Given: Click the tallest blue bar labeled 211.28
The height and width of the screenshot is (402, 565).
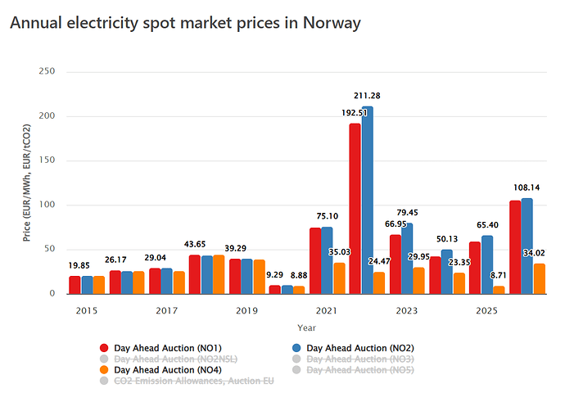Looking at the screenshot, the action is point(368,201).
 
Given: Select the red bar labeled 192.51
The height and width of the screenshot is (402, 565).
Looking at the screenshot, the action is point(355,209).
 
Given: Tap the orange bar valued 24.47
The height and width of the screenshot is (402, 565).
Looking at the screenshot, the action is point(379,283).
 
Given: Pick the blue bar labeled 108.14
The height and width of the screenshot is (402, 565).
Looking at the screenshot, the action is point(527,246).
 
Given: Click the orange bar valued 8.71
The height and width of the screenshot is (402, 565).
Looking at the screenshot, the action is point(499,290).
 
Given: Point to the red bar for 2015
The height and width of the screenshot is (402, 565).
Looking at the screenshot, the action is point(75,285).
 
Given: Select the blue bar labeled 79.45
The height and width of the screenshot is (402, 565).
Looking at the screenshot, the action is point(407,259).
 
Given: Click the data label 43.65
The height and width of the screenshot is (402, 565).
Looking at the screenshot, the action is point(195,244).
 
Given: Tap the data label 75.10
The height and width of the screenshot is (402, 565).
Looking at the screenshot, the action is point(328,216).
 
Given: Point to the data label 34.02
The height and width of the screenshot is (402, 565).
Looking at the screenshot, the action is point(534,253).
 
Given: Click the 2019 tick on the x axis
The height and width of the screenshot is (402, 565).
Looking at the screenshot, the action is point(246,310).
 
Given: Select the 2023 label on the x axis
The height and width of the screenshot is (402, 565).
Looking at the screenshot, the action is point(407,310).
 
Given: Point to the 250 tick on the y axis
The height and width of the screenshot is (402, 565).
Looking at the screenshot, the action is point(47,71).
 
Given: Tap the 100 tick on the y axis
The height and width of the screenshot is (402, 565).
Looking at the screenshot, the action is point(47,205).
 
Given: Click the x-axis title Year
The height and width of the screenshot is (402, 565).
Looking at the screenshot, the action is point(306,327).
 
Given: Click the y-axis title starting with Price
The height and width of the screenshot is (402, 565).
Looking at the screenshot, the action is point(27,183).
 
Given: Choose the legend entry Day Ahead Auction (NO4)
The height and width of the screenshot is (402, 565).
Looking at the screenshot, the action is point(161,370).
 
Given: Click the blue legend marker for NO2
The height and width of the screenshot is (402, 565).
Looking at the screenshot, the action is point(296,348).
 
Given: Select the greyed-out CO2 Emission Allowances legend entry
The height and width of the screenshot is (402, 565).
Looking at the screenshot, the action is point(187,381).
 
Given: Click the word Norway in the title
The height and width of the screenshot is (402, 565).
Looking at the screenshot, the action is point(332,23).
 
